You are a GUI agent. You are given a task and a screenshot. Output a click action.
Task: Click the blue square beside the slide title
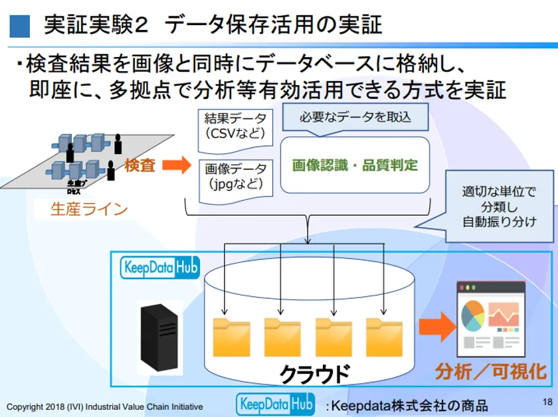coord(19,25)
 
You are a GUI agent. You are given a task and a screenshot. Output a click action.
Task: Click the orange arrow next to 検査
coord(176,165)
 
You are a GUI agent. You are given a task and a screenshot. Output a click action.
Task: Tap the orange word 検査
coord(139,165)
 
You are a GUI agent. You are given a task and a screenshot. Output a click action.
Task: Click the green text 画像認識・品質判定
coord(355,165)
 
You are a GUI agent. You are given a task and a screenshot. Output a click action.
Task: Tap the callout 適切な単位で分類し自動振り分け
coord(498,206)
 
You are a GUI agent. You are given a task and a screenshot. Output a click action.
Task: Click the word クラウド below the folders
coord(314,374)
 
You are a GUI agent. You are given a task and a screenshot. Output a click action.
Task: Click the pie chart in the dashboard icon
coord(472,315)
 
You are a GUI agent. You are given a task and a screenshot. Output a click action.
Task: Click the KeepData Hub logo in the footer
coord(275,404)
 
